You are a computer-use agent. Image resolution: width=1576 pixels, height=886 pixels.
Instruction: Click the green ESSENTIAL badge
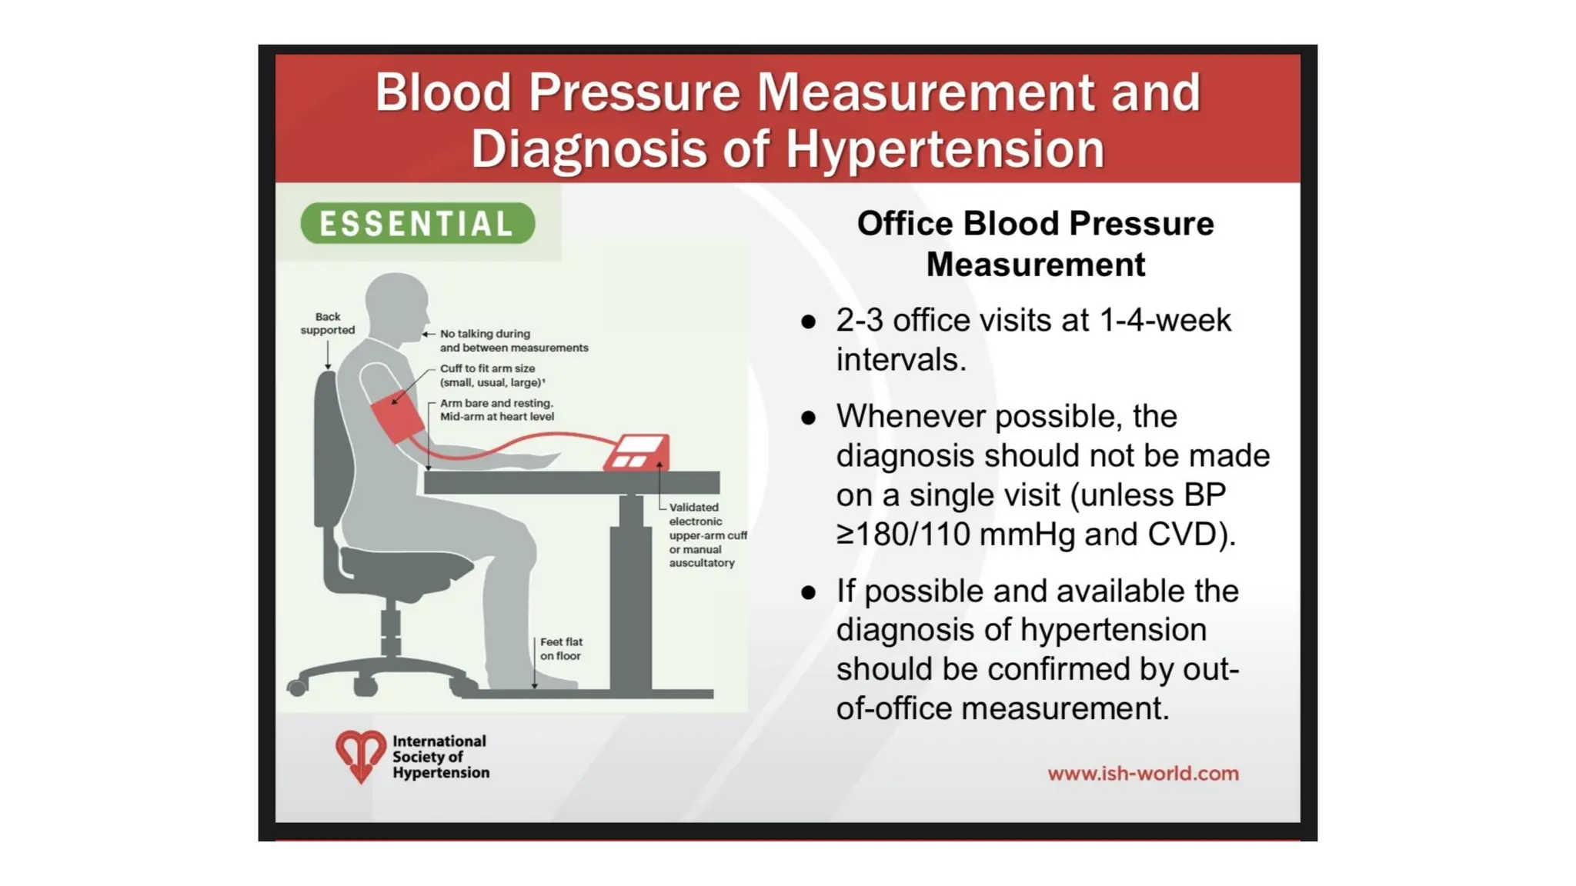417,224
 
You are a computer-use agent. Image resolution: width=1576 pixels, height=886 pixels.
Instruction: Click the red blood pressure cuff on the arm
398,419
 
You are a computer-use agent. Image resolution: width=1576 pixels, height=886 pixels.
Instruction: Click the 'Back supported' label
328,324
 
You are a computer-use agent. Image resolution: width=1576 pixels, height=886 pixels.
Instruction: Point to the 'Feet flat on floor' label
561,648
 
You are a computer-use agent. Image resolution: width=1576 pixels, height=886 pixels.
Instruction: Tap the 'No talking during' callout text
485,334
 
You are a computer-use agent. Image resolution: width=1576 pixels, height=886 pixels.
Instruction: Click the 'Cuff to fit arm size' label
487,368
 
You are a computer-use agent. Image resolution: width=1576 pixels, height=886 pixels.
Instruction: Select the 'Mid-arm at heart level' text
496,417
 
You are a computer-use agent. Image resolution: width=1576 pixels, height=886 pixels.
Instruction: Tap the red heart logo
360,755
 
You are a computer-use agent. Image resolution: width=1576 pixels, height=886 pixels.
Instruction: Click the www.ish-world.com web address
1143,774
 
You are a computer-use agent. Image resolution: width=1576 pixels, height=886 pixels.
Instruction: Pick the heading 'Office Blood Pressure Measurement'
1035,244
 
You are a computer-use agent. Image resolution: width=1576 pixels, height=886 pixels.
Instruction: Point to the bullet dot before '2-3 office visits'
808,321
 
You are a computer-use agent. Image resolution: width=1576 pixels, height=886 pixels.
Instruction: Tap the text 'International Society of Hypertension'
440,757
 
